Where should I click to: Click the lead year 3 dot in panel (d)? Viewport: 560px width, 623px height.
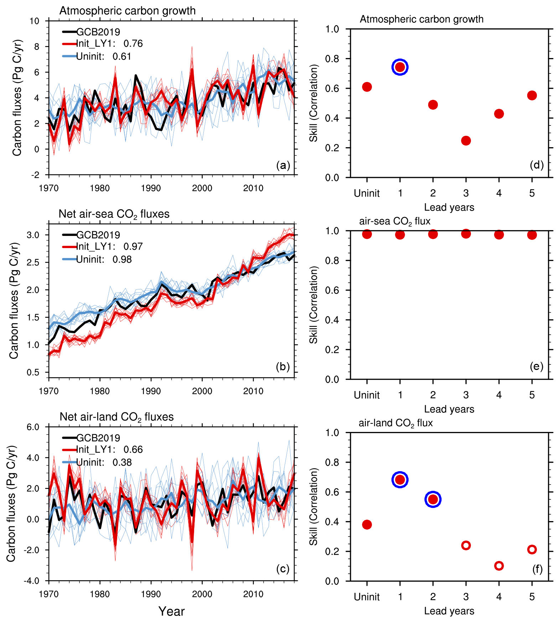click(466, 141)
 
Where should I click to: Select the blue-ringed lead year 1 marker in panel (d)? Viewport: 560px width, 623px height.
click(400, 67)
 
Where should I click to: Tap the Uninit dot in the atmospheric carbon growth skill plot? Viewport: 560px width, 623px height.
click(367, 87)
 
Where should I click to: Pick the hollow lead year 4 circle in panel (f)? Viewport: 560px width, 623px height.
click(499, 566)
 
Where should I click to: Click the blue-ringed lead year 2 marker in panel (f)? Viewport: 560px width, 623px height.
click(433, 499)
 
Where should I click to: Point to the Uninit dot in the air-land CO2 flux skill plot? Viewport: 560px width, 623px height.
click(367, 525)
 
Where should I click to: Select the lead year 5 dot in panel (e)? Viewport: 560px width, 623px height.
click(532, 235)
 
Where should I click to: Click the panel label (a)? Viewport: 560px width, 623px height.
click(283, 165)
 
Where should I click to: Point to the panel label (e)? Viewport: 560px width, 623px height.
click(536, 366)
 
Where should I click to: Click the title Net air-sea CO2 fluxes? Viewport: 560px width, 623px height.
click(114, 214)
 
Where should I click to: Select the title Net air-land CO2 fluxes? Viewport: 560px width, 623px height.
click(116, 417)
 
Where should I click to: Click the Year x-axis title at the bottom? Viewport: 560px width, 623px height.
click(172, 611)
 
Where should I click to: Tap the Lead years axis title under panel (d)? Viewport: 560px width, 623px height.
click(449, 207)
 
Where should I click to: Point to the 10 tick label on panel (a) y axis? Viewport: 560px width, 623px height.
click(35, 21)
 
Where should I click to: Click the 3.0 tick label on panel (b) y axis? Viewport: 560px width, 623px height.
click(33, 235)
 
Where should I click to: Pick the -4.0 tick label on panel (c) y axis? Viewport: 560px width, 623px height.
click(31, 581)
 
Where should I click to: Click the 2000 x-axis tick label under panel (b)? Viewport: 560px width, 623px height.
click(202, 391)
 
